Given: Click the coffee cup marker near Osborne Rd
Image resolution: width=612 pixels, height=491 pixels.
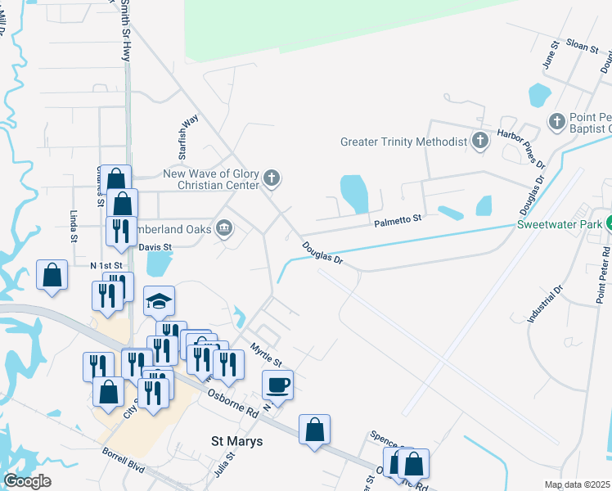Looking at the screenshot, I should click(278, 385).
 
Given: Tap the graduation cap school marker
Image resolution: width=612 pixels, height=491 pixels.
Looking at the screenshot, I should click(160, 302).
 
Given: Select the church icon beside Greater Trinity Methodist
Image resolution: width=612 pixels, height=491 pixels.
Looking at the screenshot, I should click(479, 142).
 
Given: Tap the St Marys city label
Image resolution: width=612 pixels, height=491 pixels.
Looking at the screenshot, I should click(237, 441).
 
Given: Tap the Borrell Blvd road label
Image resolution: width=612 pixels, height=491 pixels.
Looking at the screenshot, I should click(124, 461).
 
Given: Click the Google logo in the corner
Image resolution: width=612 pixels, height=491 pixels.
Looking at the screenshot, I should click(26, 481).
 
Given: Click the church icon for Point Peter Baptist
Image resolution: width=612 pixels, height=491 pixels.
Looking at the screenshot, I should click(557, 122).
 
